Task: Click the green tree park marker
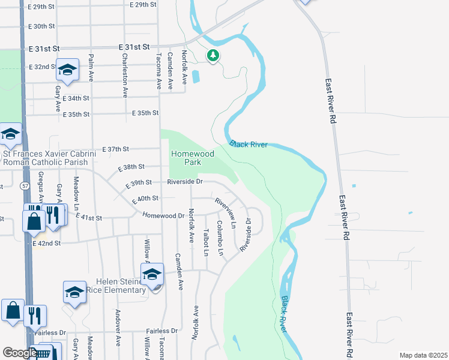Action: point(212,56)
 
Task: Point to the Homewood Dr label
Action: point(163,215)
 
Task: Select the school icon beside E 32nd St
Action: point(68,70)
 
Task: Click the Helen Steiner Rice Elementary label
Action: point(121,286)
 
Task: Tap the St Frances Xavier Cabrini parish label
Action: point(49,158)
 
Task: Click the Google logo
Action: point(19,353)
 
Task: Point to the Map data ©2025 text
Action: point(423,355)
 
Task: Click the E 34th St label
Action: point(75,98)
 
